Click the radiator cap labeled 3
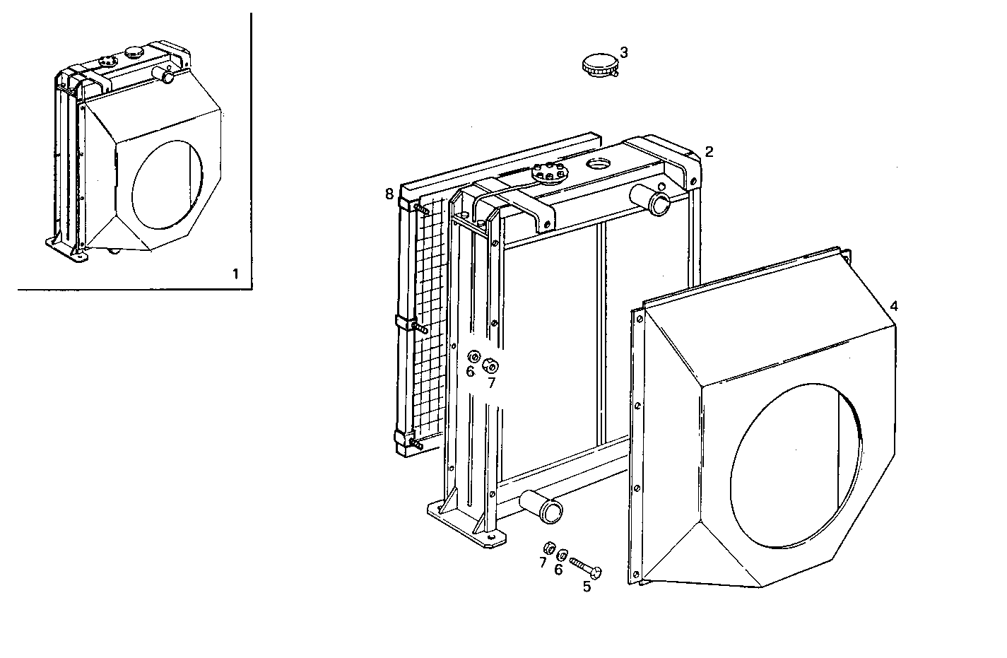point(597,66)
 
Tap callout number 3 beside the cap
point(624,52)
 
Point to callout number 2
point(709,151)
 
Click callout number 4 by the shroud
point(894,306)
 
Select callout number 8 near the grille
point(389,194)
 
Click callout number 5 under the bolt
point(587,586)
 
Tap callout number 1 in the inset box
point(235,274)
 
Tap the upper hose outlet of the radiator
point(659,201)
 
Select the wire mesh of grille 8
point(428,318)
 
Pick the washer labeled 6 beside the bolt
point(563,555)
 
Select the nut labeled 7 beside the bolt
point(547,548)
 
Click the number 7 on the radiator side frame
point(491,382)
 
